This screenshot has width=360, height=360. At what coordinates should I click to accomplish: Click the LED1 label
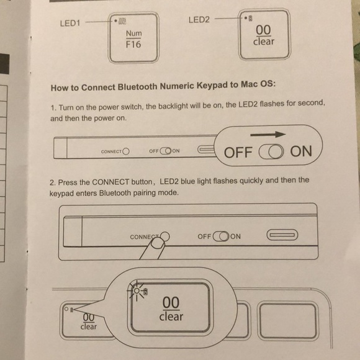click(x=70, y=23)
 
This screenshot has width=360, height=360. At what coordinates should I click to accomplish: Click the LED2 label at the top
click(x=199, y=20)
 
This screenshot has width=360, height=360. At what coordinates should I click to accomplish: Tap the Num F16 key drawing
click(x=133, y=38)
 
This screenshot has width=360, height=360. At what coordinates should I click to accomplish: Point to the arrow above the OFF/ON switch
click(x=268, y=134)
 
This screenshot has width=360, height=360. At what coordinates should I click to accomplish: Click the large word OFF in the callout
click(x=238, y=153)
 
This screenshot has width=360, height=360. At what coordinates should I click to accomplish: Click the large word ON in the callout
click(x=301, y=151)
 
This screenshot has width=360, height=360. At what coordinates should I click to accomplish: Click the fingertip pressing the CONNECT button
click(x=157, y=244)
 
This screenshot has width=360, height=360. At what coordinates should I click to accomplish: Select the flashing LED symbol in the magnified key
click(x=137, y=291)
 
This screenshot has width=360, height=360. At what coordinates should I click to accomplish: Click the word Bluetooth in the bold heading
click(x=138, y=87)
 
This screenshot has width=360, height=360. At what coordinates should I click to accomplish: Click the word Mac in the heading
click(x=250, y=84)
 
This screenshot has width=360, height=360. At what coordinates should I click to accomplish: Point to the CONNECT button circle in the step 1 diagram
click(x=126, y=151)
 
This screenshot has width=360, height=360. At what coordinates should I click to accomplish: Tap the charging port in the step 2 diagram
click(x=282, y=235)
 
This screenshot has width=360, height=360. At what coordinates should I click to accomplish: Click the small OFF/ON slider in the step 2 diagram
click(x=221, y=236)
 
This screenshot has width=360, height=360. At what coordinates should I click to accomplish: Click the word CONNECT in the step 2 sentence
click(x=110, y=182)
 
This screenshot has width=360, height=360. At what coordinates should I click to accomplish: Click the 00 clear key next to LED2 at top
click(x=264, y=34)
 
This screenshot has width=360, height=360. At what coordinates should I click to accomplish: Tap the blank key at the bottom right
click(x=288, y=321)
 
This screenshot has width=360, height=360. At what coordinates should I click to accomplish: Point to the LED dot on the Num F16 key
click(x=115, y=21)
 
